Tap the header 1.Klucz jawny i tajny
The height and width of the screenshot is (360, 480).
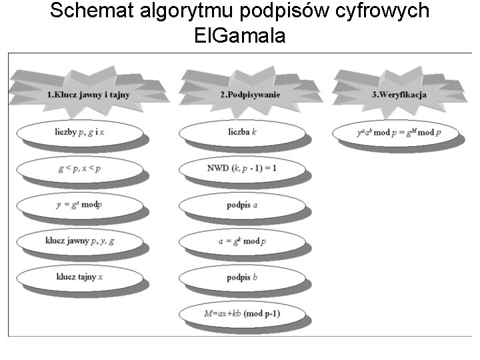click(88, 94)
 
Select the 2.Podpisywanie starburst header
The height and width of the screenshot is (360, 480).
click(250, 94)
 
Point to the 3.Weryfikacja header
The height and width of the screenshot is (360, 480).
click(399, 94)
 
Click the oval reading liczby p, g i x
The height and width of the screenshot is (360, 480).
click(80, 133)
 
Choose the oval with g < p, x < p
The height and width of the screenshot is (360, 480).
click(80, 169)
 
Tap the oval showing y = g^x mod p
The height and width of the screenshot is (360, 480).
click(80, 205)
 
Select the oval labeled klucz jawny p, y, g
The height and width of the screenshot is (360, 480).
click(80, 241)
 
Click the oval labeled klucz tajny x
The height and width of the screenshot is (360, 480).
click(80, 277)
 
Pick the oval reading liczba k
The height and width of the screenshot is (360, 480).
click(243, 133)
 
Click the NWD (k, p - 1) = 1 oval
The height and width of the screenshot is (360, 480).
click(243, 169)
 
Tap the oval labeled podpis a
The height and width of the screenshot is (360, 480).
click(243, 205)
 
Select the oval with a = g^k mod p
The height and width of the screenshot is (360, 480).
click(243, 241)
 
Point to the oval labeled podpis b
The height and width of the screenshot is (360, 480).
click(243, 277)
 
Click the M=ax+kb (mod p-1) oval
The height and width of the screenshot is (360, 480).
click(243, 313)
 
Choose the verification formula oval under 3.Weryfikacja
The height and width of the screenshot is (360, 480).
click(399, 133)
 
